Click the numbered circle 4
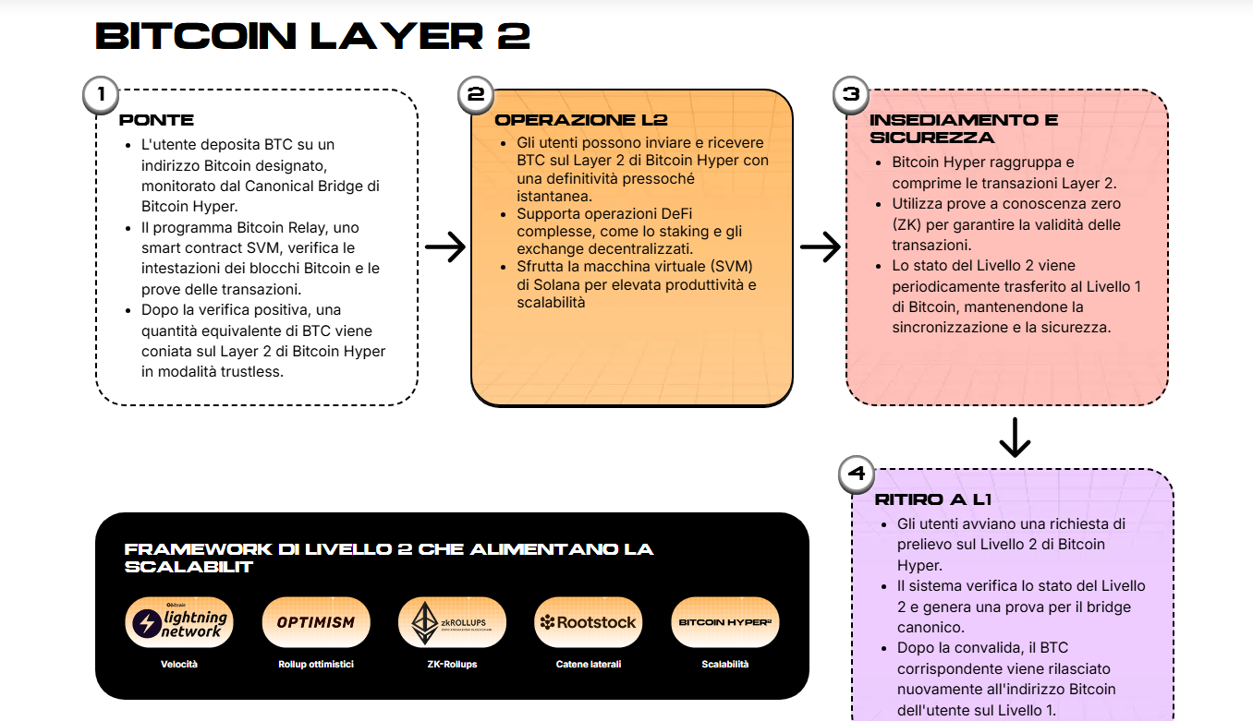(x=856, y=475)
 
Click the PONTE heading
(x=157, y=120)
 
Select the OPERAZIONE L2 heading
(x=581, y=120)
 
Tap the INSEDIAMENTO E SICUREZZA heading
(x=952, y=128)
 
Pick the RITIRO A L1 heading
(x=933, y=499)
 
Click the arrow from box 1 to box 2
(x=444, y=247)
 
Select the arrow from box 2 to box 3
(x=820, y=247)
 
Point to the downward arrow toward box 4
(x=1015, y=438)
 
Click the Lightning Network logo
(x=179, y=622)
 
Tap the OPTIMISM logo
(x=316, y=622)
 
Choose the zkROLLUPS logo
(x=452, y=622)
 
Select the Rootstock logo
(x=589, y=622)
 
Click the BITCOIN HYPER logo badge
(x=725, y=622)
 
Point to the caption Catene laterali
(x=589, y=664)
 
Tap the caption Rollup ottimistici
(x=316, y=664)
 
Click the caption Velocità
(x=179, y=664)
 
